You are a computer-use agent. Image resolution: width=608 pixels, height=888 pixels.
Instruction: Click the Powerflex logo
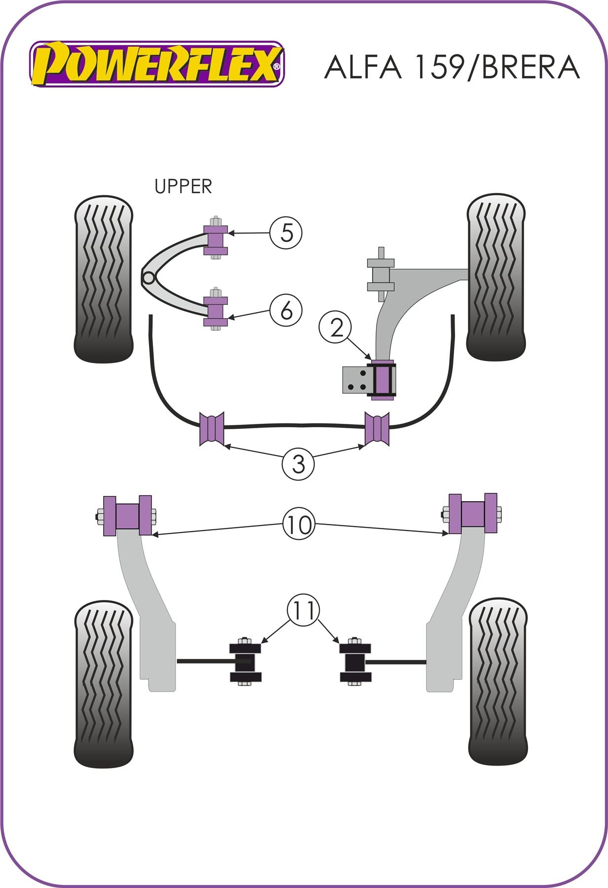click(x=157, y=65)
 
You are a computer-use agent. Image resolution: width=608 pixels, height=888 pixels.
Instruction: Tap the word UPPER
click(x=183, y=186)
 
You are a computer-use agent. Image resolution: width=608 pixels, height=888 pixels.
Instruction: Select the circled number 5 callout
click(x=286, y=232)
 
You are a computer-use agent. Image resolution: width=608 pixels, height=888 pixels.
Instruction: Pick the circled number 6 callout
click(x=286, y=311)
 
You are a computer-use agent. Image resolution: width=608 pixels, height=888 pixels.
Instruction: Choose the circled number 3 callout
click(x=298, y=464)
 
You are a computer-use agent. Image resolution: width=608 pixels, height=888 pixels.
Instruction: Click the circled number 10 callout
click(x=299, y=525)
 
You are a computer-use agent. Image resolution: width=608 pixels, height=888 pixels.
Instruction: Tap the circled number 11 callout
click(x=304, y=611)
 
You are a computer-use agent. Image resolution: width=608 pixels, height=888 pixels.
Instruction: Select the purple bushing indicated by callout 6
click(x=216, y=310)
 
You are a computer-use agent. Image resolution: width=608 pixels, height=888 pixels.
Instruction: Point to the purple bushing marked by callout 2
click(x=382, y=380)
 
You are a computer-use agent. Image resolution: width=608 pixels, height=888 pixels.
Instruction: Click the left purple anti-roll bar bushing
click(x=212, y=429)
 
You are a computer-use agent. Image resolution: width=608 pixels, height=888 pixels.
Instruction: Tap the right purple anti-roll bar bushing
click(x=377, y=428)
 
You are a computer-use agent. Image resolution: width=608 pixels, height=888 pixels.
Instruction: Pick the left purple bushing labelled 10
click(x=127, y=516)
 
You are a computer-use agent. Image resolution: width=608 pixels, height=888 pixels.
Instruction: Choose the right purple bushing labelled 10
click(x=473, y=514)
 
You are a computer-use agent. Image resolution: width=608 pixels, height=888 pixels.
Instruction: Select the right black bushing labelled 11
click(x=354, y=662)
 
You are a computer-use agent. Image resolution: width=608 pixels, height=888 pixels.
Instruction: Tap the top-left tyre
click(x=104, y=279)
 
